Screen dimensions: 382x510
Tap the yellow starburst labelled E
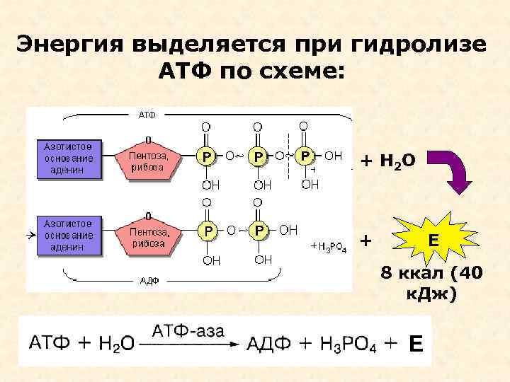432,241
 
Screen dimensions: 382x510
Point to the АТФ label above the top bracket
146,114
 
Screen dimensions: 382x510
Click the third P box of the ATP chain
305,155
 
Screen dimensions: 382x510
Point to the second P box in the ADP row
259,231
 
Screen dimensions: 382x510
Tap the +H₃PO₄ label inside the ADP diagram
329,246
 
